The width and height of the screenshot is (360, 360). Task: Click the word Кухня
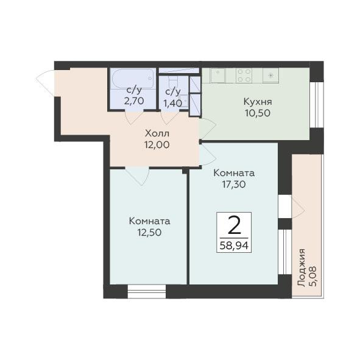258,102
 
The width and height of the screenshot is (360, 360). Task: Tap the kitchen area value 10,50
258,113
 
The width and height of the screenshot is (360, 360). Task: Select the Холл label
157,133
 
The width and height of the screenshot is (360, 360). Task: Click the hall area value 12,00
157,144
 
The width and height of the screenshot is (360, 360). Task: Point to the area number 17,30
234,184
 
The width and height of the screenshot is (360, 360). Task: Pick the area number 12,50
149,233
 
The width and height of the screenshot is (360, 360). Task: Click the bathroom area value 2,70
134,101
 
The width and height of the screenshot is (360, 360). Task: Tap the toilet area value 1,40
172,104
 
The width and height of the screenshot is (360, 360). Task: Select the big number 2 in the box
235,225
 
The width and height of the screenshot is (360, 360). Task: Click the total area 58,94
234,246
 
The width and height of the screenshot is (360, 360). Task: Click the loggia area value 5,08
312,276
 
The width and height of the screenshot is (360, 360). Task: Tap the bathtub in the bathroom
133,79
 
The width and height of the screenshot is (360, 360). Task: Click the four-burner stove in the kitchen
244,76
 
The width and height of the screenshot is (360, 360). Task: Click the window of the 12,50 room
146,291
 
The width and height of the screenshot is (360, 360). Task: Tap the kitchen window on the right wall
317,105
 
